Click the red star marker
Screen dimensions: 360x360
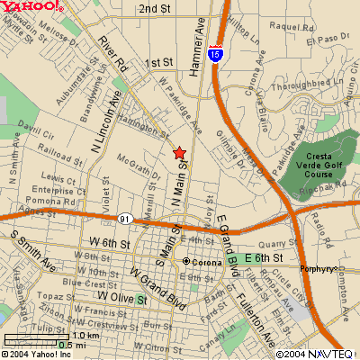point(179,153)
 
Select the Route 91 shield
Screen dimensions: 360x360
point(124,219)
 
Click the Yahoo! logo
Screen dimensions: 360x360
point(32,7)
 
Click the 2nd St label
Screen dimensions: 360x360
point(155,9)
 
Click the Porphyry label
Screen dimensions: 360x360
point(320,267)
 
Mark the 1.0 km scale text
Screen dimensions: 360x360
point(60,335)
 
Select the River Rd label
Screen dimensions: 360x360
point(114,53)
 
